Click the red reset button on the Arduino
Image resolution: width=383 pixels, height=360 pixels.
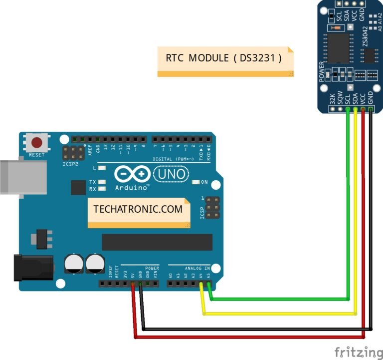point(36,142)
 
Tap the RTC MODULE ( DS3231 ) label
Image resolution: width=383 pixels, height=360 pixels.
point(224,58)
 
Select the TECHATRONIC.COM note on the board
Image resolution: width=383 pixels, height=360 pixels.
point(138,209)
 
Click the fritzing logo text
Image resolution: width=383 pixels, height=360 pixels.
point(358,351)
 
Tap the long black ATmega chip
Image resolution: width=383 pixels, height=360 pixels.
point(157,242)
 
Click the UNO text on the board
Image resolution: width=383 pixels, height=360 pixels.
point(171,174)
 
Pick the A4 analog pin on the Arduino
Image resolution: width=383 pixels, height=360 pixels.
point(202,284)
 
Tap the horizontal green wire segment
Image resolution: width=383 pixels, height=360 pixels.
point(279,299)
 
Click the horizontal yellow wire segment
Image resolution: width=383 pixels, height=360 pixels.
point(279,314)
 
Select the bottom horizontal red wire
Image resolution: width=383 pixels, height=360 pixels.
point(249,338)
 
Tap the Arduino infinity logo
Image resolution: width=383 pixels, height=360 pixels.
point(132,174)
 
